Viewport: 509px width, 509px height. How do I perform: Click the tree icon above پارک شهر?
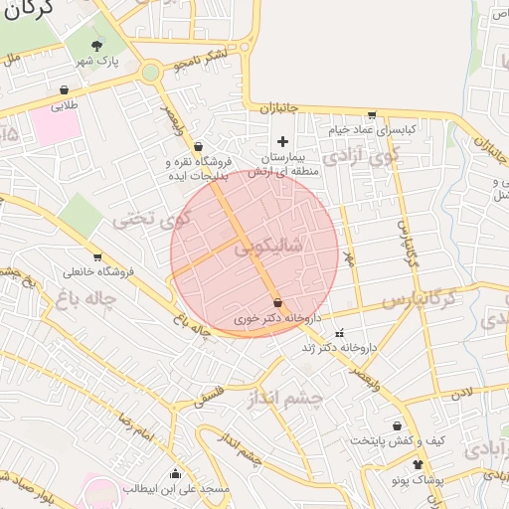[96, 46]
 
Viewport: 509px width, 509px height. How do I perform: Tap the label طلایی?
[63, 102]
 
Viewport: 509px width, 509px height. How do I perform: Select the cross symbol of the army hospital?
[283, 141]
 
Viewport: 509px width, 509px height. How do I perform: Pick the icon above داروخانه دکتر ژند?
[340, 333]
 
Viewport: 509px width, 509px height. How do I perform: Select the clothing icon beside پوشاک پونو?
[416, 464]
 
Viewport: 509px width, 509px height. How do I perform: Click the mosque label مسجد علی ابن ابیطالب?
[176, 488]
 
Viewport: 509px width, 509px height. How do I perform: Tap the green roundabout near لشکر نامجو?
[150, 72]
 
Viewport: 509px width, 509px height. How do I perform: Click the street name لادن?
[461, 395]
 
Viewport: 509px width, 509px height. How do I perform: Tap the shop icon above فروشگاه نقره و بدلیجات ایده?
[198, 146]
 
